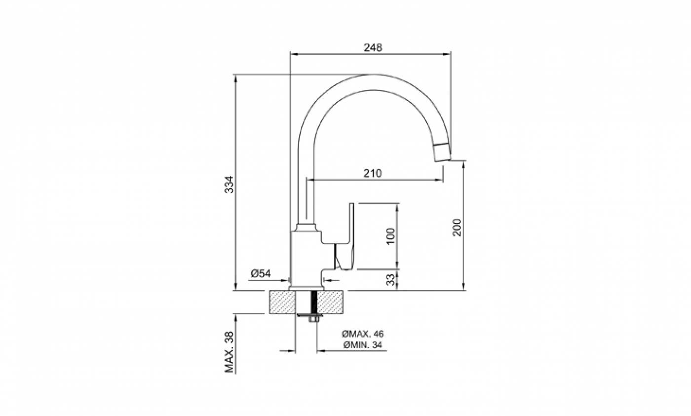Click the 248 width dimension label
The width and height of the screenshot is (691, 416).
tap(373, 47)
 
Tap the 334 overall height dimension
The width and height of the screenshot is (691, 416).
tap(229, 185)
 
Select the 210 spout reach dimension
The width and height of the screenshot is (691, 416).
tap(373, 173)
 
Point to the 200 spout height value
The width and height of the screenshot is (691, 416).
tap(457, 227)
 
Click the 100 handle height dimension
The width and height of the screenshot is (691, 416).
tap(390, 236)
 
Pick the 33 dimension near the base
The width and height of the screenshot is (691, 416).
tap(390, 279)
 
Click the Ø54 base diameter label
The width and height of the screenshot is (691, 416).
tap(261, 273)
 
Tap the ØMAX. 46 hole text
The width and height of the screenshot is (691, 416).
tap(362, 334)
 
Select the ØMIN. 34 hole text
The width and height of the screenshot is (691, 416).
tap(362, 345)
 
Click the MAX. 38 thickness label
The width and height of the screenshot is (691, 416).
tap(229, 352)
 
